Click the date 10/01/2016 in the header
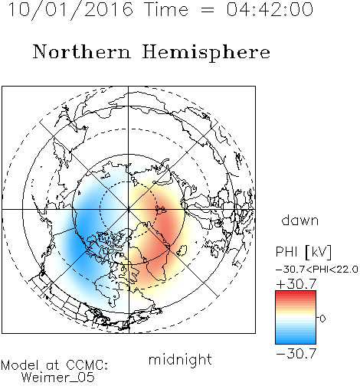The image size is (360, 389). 70,10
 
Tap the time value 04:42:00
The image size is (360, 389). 270,9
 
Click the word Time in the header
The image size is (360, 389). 166,9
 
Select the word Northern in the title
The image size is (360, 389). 82,51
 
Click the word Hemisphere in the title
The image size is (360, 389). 206,53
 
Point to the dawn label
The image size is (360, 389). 300,220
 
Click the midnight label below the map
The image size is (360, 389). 180,359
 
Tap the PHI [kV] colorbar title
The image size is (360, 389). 303,252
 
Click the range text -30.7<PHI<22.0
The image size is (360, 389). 317,270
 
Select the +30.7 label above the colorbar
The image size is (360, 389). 296,284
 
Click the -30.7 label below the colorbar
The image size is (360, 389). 296,354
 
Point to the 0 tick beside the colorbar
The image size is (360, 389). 322,319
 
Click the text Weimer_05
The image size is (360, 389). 58,378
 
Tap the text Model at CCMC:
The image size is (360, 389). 54,365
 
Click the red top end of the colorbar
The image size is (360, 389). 296,293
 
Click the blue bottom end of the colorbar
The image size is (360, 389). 296,342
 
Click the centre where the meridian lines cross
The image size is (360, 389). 129,210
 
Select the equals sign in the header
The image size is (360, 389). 208,10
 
